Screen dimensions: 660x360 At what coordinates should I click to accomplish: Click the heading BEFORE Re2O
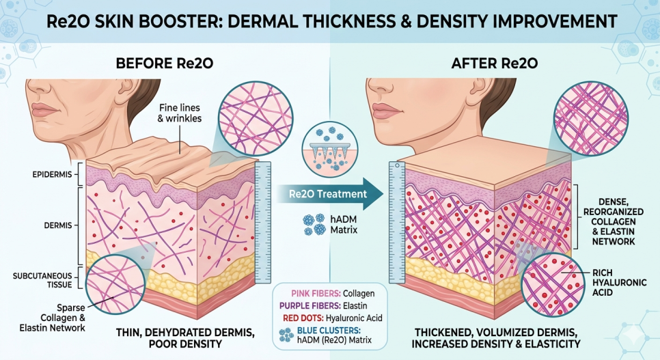tap(164, 63)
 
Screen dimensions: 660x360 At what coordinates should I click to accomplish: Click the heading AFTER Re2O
tap(495, 63)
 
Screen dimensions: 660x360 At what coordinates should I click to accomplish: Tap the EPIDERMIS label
tap(52, 174)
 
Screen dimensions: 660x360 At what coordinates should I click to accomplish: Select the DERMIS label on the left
tap(58, 225)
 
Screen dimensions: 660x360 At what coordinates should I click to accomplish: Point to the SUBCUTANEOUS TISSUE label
tap(42, 281)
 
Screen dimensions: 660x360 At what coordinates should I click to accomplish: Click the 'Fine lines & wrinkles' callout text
tap(180, 113)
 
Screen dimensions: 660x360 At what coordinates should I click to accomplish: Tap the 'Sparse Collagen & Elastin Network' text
tap(52, 318)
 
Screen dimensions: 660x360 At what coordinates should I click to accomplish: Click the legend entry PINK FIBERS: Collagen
tap(333, 294)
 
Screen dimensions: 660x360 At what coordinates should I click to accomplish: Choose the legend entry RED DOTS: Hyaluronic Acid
tap(333, 318)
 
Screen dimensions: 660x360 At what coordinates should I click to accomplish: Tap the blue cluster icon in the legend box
tap(287, 335)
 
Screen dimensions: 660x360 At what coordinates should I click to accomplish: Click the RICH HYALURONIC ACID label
tap(619, 283)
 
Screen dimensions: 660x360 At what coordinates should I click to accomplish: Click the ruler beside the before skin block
tap(263, 222)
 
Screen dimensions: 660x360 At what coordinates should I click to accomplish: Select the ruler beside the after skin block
tap(396, 222)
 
